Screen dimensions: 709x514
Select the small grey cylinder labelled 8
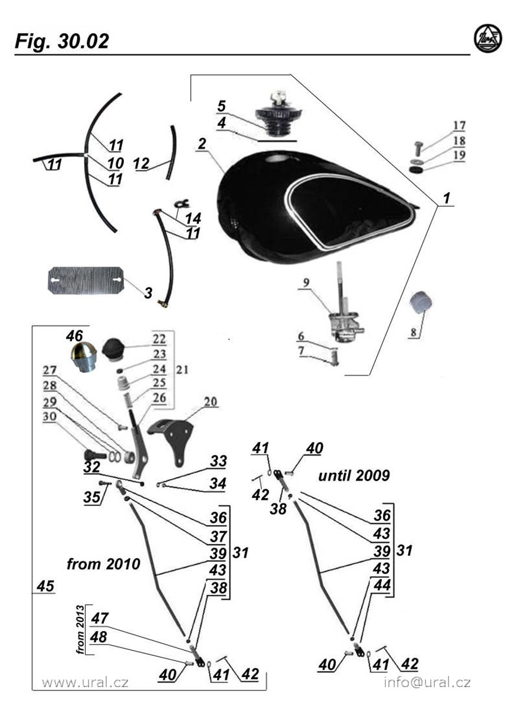click(423, 304)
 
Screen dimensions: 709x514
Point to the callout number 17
click(459, 125)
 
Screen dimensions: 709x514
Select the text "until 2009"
click(354, 476)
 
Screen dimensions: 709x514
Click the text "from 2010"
click(103, 564)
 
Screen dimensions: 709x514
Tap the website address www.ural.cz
click(85, 683)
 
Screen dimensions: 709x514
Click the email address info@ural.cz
click(427, 683)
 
